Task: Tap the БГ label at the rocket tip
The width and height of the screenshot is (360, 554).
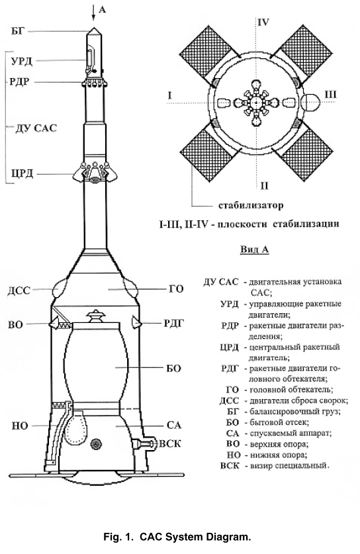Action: click(17, 32)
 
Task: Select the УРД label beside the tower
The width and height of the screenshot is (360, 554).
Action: click(22, 61)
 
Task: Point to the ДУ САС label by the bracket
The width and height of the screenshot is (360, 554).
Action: click(36, 128)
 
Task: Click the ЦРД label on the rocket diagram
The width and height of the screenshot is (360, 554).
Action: click(22, 174)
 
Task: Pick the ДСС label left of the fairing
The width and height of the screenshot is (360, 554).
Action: click(19, 291)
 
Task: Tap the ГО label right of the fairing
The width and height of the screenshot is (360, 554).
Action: click(175, 289)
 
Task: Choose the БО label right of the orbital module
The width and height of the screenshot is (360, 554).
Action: click(173, 368)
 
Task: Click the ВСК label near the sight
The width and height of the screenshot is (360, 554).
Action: click(170, 443)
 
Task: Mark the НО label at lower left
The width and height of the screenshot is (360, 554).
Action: click(20, 426)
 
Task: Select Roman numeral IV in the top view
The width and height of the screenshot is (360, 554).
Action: click(263, 23)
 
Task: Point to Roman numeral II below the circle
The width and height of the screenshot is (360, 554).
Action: click(265, 185)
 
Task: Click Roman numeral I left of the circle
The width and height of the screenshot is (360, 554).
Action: click(170, 95)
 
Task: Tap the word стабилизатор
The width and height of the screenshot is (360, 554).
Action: click(251, 205)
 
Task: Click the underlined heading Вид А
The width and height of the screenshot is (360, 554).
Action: click(255, 250)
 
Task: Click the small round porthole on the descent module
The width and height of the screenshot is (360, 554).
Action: click(95, 443)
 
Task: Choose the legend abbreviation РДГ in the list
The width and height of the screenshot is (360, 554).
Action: click(230, 369)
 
